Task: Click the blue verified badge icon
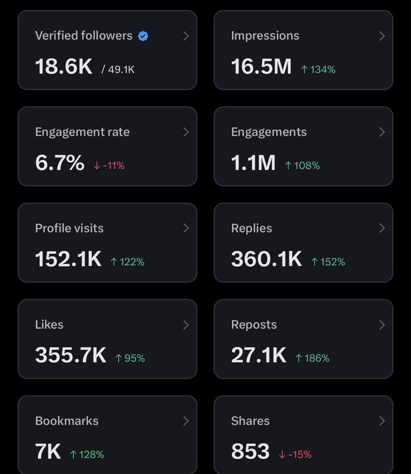tap(143, 36)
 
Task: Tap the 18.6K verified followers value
tap(64, 66)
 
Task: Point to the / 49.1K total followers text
tap(118, 70)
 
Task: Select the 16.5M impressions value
tap(261, 66)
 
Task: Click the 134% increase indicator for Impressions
tap(318, 70)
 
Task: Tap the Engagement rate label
tap(82, 132)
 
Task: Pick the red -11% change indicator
tap(109, 166)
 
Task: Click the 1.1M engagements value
tap(253, 163)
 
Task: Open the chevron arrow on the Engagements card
tap(382, 132)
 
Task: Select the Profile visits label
tap(69, 228)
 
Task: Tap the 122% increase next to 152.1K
tap(128, 262)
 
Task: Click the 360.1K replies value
tap(266, 259)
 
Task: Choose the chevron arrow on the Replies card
tap(382, 228)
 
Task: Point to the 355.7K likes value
tap(71, 355)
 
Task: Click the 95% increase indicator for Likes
tap(130, 358)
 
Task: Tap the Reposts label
tap(254, 325)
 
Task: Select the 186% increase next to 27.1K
tap(312, 358)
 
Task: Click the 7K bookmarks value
tap(48, 451)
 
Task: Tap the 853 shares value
tap(250, 451)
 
